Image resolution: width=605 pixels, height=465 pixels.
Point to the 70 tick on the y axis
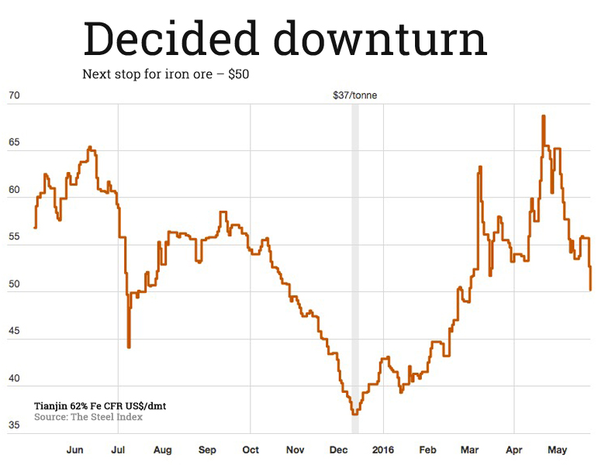tap(13, 96)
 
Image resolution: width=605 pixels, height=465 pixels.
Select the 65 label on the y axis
tap(13, 144)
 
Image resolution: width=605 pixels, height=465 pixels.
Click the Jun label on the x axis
tap(75, 449)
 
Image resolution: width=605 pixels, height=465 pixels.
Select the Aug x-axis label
tap(162, 449)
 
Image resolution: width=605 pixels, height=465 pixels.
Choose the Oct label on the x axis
tap(251, 449)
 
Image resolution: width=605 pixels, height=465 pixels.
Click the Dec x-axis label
tap(338, 449)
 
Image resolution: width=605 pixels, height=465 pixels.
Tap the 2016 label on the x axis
tap(382, 449)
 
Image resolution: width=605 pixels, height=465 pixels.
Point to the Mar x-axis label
tap(470, 449)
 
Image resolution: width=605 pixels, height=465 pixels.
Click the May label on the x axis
tap(558, 449)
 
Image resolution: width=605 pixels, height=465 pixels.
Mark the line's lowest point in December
tap(354, 414)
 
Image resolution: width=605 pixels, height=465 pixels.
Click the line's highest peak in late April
tap(543, 116)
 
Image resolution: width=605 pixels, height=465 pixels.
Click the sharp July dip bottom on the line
tap(129, 346)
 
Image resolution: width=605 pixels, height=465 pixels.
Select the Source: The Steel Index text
tap(88, 417)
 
